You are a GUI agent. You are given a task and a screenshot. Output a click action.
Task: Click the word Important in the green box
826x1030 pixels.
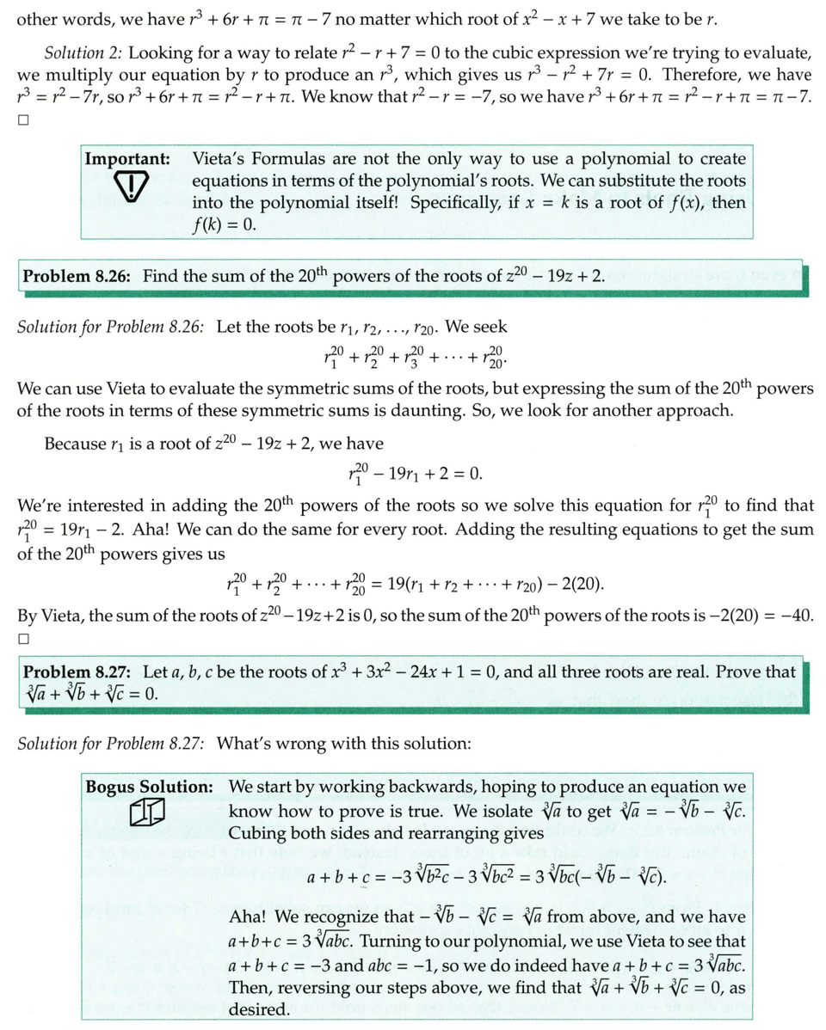click(126, 159)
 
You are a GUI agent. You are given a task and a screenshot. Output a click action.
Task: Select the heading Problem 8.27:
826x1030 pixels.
click(77, 671)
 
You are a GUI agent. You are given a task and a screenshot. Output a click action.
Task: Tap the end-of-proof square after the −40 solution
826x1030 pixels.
click(23, 639)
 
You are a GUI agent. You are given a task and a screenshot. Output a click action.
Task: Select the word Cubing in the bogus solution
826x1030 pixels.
click(256, 833)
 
